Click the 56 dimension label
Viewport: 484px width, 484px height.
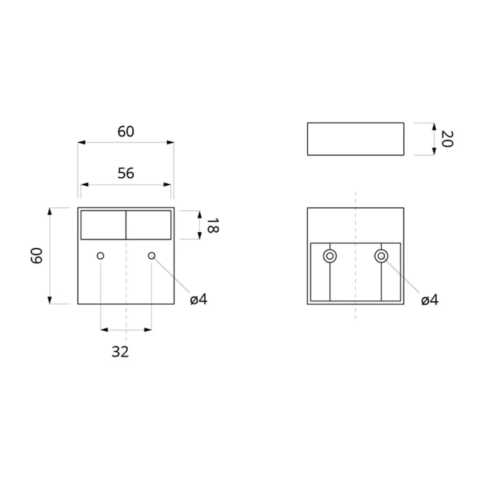click(126, 173)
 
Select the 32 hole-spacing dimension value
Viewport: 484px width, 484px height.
click(120, 352)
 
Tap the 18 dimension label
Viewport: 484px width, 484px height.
click(212, 225)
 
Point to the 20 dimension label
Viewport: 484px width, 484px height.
click(447, 139)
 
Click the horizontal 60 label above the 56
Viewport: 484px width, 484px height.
click(126, 132)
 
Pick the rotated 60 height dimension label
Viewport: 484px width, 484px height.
click(37, 256)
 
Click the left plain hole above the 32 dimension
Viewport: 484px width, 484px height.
click(100, 256)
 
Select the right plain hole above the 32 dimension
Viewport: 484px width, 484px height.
click(152, 256)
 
